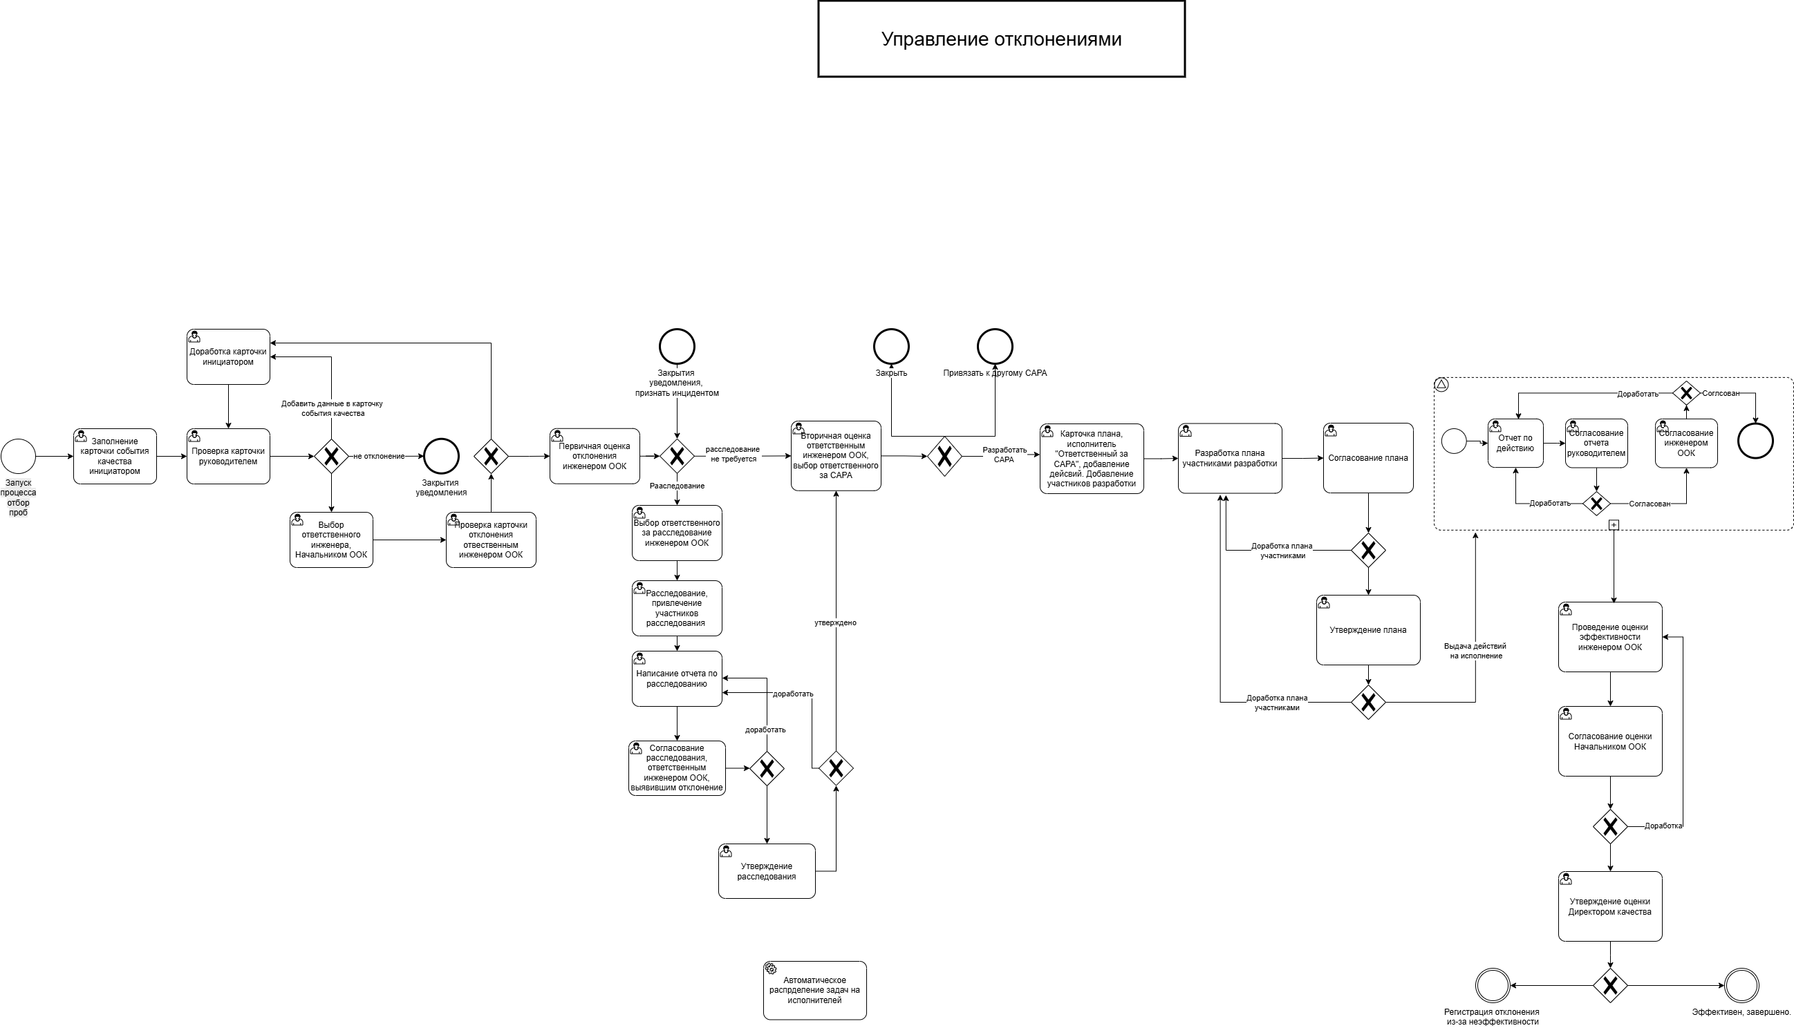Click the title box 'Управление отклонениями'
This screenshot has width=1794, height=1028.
pyautogui.click(x=1001, y=39)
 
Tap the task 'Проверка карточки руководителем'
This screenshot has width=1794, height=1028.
pyautogui.click(x=228, y=456)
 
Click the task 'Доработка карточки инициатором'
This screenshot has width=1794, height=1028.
pyautogui.click(x=228, y=356)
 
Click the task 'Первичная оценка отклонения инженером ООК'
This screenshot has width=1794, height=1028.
pyautogui.click(x=595, y=456)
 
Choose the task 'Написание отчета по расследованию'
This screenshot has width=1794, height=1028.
pyautogui.click(x=677, y=678)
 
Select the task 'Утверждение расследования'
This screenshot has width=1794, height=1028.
pyautogui.click(x=766, y=871)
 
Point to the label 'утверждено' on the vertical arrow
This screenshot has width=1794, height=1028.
pyautogui.click(x=836, y=622)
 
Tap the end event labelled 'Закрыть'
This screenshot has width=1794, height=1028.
pyautogui.click(x=891, y=347)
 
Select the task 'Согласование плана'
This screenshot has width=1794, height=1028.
pyautogui.click(x=1368, y=458)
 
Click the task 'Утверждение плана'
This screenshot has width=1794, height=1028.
pyautogui.click(x=1368, y=630)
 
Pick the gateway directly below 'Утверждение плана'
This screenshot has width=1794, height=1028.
pyautogui.click(x=1368, y=703)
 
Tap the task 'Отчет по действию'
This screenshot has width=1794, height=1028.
pyautogui.click(x=1515, y=444)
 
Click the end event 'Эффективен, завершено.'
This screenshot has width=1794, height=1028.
pyautogui.click(x=1741, y=986)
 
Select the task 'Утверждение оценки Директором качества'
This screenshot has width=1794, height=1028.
pyautogui.click(x=1610, y=906)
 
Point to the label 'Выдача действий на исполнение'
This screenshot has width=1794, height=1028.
pyautogui.click(x=1475, y=651)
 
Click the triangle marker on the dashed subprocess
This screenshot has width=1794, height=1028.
pyautogui.click(x=1442, y=386)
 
